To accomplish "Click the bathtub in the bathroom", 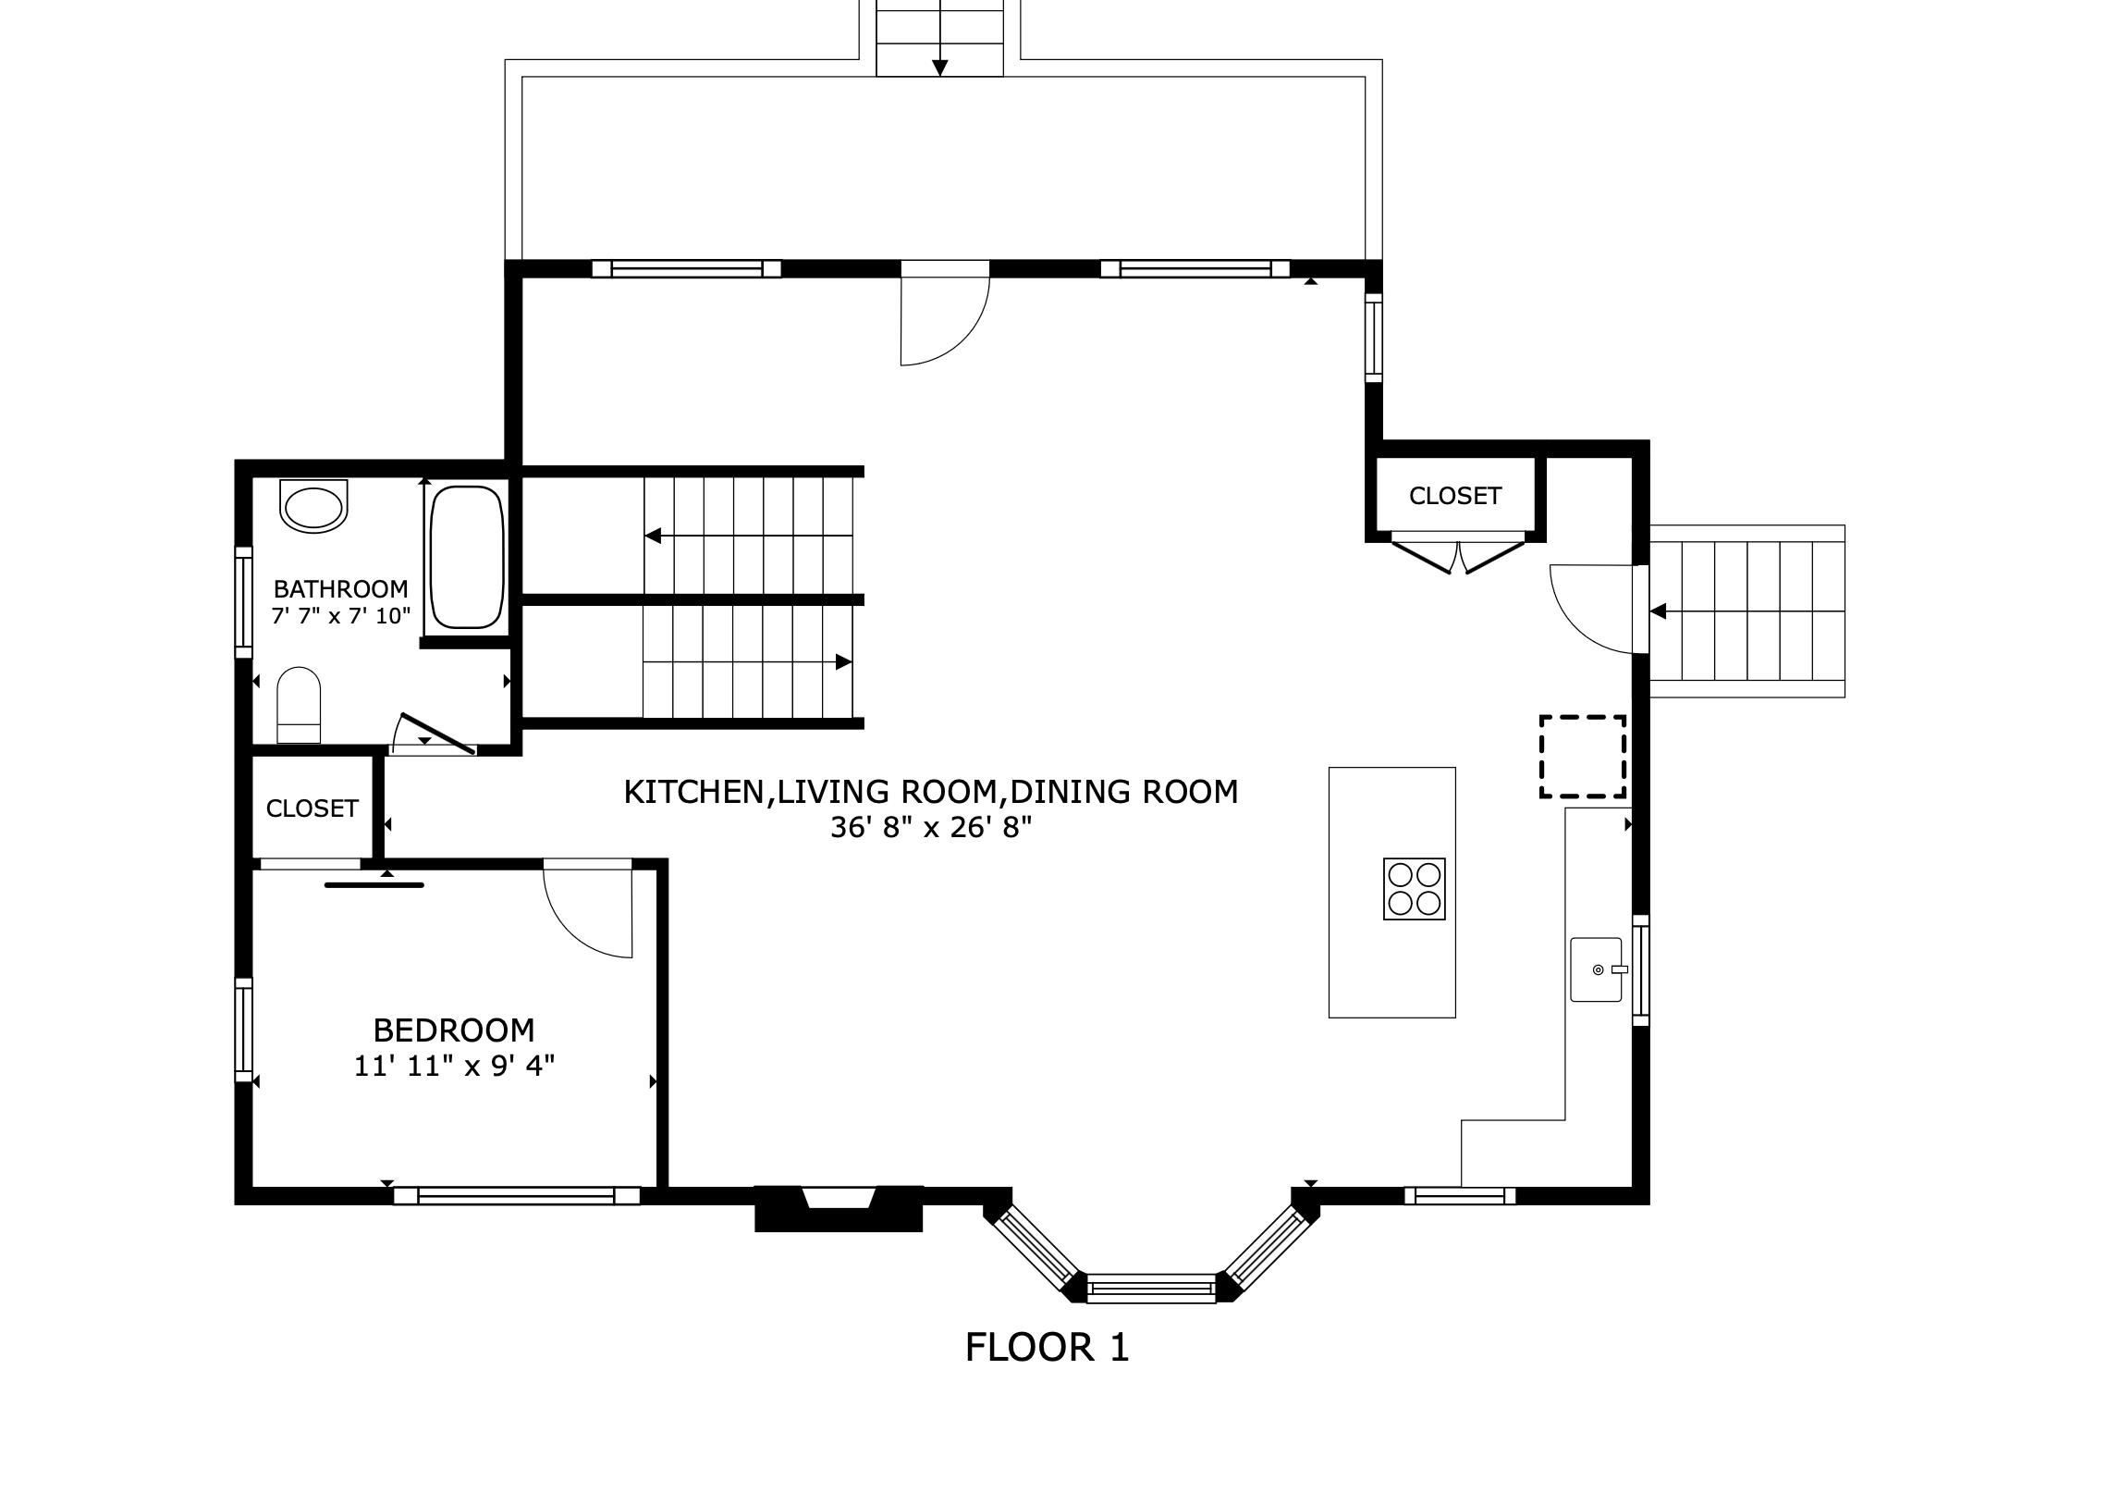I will (x=467, y=557).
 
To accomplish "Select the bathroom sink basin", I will (x=314, y=507).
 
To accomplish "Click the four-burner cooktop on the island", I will (x=1414, y=889).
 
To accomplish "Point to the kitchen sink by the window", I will (x=1596, y=969).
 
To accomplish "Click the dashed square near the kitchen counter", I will (x=1582, y=756).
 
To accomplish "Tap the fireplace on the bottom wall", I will (x=839, y=1207).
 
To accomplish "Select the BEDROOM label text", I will (x=453, y=1030).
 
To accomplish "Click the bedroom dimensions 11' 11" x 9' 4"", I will (x=454, y=1067).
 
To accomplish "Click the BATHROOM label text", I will (x=340, y=588).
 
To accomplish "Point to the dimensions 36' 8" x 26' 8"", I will (x=930, y=827).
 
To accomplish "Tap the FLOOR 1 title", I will (x=1047, y=1348).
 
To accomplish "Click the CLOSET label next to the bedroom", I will (x=312, y=808).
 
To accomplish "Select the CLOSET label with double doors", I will (x=1454, y=496).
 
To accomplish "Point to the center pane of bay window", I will (x=1150, y=1287).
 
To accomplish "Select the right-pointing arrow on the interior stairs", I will (x=843, y=662).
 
